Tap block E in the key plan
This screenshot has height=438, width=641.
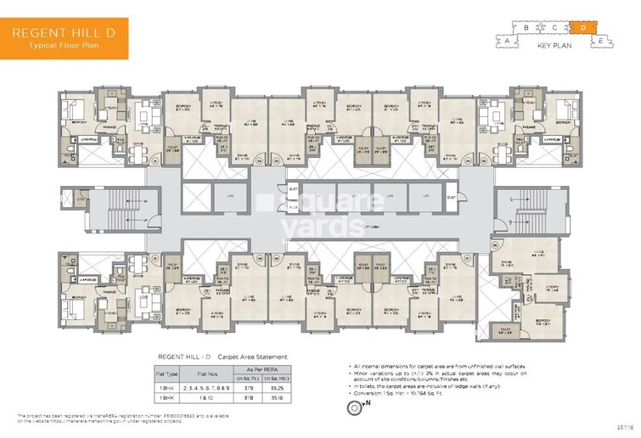(599, 40)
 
